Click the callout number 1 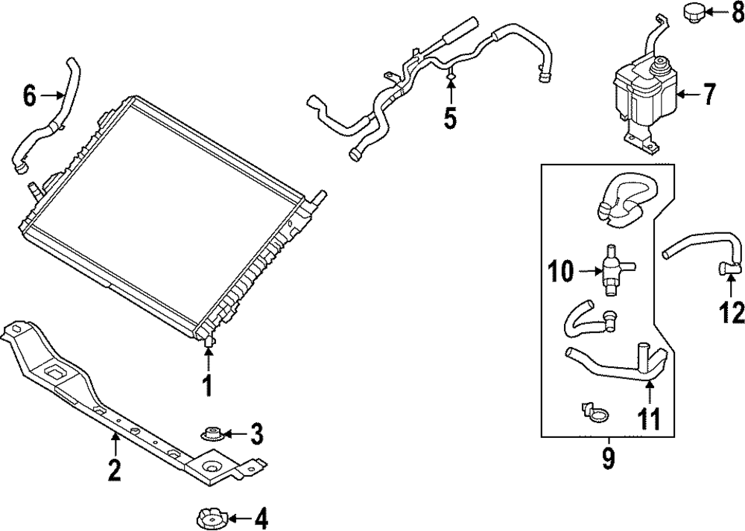(x=208, y=386)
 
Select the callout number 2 (x=114, y=470)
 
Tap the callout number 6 (x=30, y=95)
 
